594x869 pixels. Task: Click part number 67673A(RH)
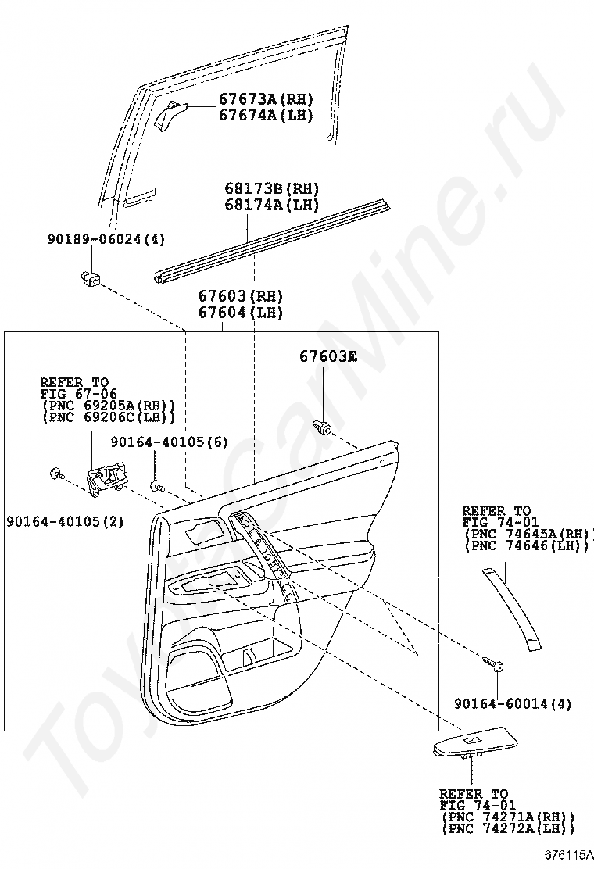point(266,99)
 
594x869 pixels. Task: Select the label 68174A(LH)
point(271,205)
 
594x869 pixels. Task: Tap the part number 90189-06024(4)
point(106,239)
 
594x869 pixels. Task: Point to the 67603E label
point(328,356)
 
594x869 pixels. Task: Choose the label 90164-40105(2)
point(66,521)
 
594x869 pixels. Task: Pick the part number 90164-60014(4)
point(513,703)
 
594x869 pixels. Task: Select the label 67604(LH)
point(241,313)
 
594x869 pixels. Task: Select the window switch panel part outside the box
point(475,742)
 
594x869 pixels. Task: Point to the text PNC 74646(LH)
point(527,546)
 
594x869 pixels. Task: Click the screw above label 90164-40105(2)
point(57,474)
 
